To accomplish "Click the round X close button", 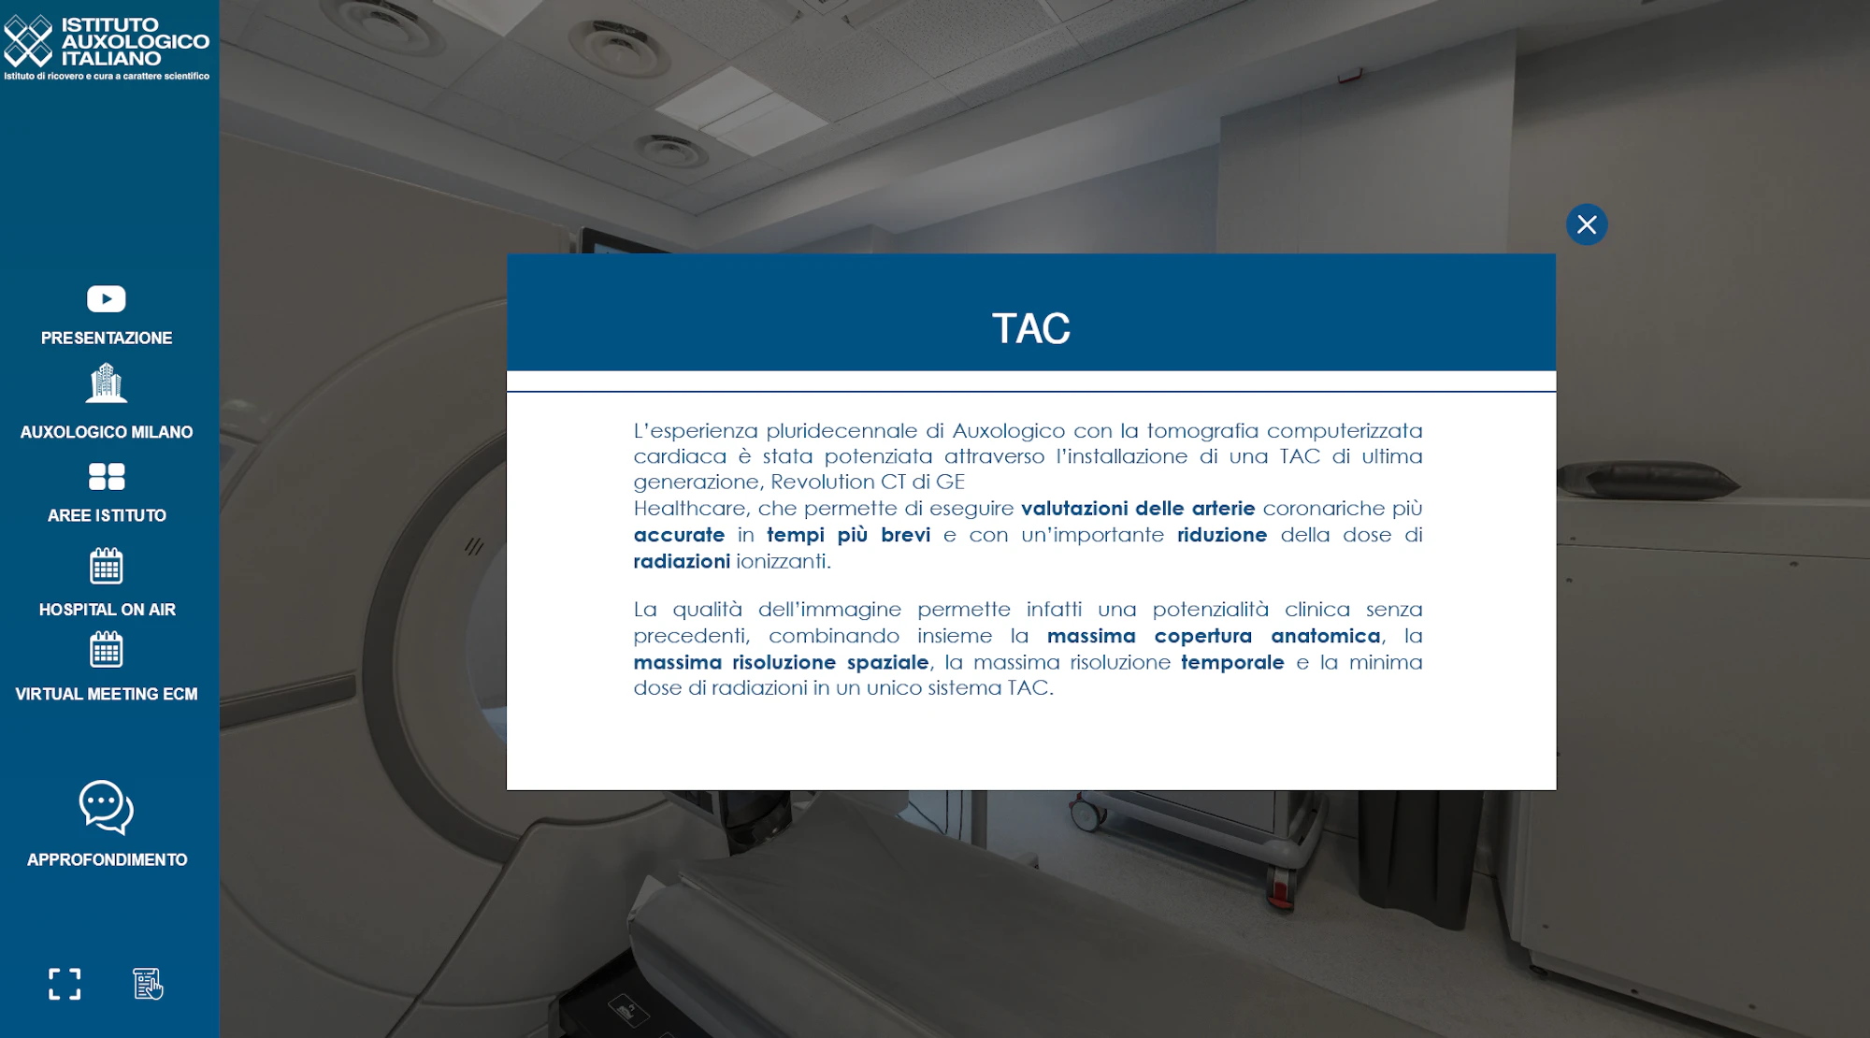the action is tap(1587, 224).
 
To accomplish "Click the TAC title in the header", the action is tap(1031, 329).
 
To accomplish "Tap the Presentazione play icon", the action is tap(107, 298).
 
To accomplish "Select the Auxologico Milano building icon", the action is tap(107, 383).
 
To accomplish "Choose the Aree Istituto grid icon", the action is tap(107, 477).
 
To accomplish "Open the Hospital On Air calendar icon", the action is tap(107, 566).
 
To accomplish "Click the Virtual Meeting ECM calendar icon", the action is tap(107, 650).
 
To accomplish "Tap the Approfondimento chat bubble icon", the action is tap(107, 807).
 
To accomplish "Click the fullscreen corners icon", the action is tap(65, 984).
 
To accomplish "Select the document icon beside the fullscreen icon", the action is tap(148, 984).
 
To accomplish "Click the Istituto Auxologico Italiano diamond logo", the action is tap(28, 41).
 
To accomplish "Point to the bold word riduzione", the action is tap(1222, 535).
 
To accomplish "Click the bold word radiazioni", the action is tap(682, 561).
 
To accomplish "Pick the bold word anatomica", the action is tap(1326, 636).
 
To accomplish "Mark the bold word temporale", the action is tap(1232, 662).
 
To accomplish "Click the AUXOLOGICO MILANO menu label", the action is tap(107, 432).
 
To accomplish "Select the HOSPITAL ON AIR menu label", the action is tap(108, 610).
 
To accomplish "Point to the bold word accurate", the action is tap(679, 535).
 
